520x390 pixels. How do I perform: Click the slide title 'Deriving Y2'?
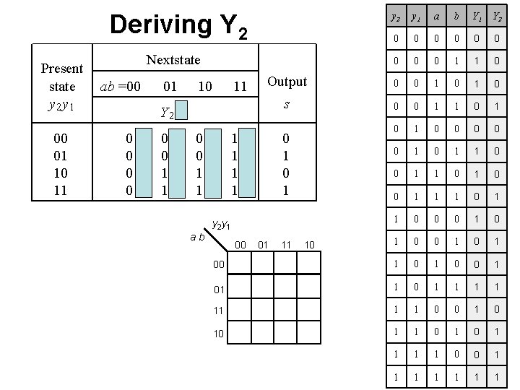[178, 25]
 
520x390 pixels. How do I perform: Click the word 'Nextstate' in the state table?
[173, 60]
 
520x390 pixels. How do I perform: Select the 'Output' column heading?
[287, 82]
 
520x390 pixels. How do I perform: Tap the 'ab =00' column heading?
[121, 87]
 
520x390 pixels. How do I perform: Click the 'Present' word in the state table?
[62, 69]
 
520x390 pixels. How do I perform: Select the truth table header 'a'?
[435, 15]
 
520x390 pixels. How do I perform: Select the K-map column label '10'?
[309, 246]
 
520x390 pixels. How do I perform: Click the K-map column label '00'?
[240, 246]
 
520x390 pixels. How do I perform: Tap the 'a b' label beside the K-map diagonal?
[196, 235]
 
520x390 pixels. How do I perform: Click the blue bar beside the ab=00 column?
[147, 163]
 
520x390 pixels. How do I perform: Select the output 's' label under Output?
[287, 104]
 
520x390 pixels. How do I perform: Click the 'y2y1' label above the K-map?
[222, 225]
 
